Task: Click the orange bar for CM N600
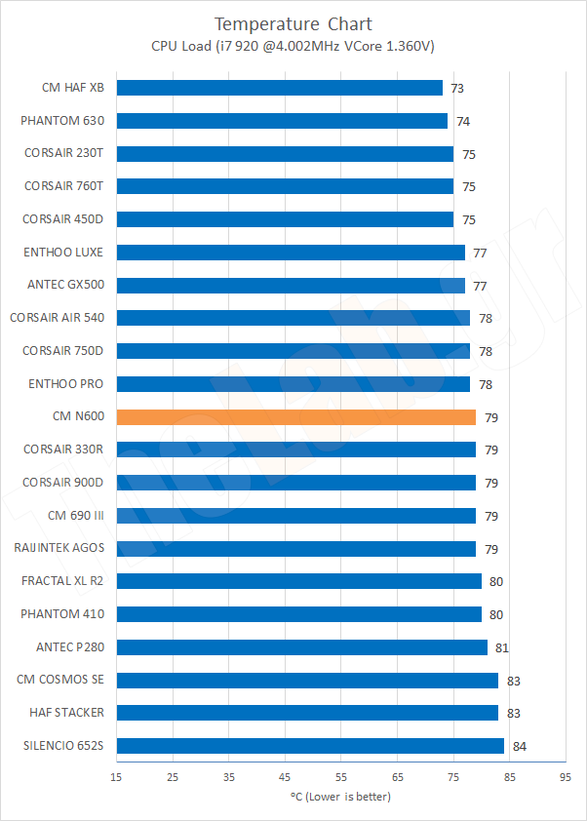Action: (295, 417)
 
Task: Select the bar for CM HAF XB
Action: (279, 88)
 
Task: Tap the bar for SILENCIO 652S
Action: (310, 746)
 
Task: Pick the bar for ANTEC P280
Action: (301, 647)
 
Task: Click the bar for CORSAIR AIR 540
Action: (293, 318)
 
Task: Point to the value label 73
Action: (457, 89)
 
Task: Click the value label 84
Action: (520, 747)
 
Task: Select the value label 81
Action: (502, 647)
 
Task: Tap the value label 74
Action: (463, 122)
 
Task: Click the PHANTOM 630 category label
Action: (62, 121)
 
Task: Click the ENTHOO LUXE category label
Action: (63, 253)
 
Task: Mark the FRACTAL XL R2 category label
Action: (63, 581)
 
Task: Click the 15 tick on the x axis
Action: (116, 777)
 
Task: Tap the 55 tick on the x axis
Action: (341, 777)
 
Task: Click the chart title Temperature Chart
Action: (293, 23)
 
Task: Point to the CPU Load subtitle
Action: (293, 46)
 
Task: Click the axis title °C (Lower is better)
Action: (340, 797)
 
